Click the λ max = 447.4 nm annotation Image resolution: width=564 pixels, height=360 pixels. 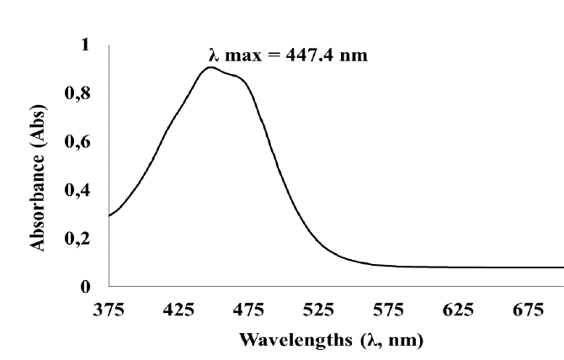(x=288, y=56)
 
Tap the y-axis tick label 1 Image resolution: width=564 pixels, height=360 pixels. (x=84, y=45)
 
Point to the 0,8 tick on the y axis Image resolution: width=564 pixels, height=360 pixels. (x=80, y=93)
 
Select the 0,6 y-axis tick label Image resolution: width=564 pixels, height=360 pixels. (x=80, y=141)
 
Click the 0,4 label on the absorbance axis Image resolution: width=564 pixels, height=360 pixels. (x=80, y=190)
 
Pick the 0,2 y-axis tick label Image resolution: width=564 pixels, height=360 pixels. (x=80, y=239)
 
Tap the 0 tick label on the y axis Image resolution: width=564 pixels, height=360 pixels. (x=84, y=287)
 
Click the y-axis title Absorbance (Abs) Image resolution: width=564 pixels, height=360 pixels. (x=38, y=167)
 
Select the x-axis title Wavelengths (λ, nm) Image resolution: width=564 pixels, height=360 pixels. (x=331, y=341)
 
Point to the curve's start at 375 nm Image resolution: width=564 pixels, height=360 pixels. (x=109, y=216)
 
